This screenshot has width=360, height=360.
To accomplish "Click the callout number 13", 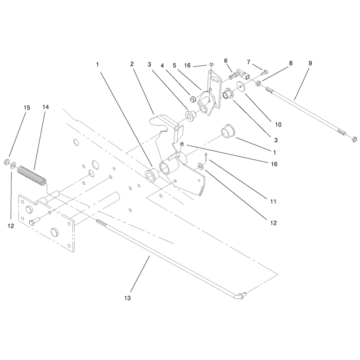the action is pyautogui.click(x=127, y=298).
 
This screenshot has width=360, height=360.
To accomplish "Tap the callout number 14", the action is pyautogui.click(x=46, y=107).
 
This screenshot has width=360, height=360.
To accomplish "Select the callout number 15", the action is pyautogui.click(x=27, y=108).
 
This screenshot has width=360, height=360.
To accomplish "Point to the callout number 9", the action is pyautogui.click(x=310, y=63).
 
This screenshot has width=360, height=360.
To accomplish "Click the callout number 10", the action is pyautogui.click(x=278, y=125).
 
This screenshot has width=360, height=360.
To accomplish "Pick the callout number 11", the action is pyautogui.click(x=273, y=202).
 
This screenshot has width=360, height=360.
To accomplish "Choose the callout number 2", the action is pyautogui.click(x=132, y=64).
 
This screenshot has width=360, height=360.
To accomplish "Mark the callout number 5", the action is pyautogui.click(x=175, y=65).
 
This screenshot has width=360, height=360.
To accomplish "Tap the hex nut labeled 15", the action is pyautogui.click(x=6, y=162).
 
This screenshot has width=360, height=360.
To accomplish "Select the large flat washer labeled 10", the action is pyautogui.click(x=240, y=86).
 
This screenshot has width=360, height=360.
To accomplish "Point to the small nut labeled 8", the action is pyautogui.click(x=258, y=83).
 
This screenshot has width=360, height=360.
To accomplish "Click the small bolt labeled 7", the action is pyautogui.click(x=265, y=72).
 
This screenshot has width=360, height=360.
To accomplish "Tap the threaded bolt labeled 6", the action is pyautogui.click(x=233, y=75).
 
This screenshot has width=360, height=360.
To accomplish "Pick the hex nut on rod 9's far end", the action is pyautogui.click(x=354, y=139).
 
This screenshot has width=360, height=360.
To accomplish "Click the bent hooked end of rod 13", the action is pyautogui.click(x=241, y=296).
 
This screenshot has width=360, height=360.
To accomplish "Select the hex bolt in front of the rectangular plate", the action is pyautogui.click(x=35, y=221).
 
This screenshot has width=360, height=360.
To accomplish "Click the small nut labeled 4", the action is pyautogui.click(x=193, y=99).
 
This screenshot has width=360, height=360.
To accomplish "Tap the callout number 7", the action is pyautogui.click(x=249, y=62).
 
